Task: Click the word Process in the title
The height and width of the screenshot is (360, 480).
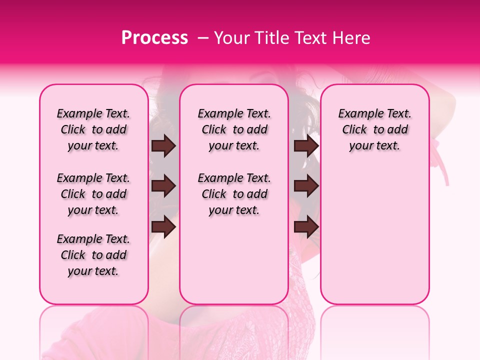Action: pos(154,38)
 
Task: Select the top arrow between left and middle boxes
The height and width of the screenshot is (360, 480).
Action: pos(163,145)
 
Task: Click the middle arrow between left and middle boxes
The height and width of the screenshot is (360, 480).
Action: pos(163,186)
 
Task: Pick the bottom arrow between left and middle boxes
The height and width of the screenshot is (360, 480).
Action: pos(163,227)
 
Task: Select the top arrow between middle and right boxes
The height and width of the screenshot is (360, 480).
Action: pos(306,145)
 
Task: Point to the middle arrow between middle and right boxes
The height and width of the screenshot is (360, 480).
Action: pos(306,186)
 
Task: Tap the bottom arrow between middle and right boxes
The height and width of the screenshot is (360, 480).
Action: pos(306,227)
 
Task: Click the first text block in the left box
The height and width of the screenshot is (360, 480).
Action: pos(93,129)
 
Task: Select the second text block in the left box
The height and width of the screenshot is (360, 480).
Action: pos(93,194)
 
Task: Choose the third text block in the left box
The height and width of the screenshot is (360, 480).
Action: pos(93,255)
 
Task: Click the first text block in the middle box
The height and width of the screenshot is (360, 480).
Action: pos(234,129)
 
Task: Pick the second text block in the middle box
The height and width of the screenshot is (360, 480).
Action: pos(234,194)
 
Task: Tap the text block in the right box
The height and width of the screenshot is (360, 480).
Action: pos(375,129)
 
